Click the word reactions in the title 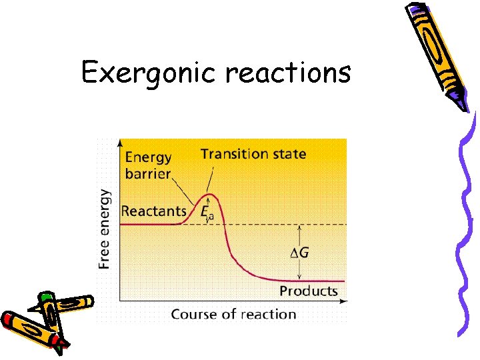tap(288, 72)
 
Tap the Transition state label tap(253, 154)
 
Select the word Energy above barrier tap(148, 157)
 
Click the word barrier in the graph tap(147, 173)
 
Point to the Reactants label tap(154, 211)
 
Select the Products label tap(308, 291)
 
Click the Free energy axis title tap(105, 228)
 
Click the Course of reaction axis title tap(233, 313)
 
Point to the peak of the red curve tap(210, 195)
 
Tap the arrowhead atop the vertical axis tap(119, 142)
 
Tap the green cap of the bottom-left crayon tap(46, 297)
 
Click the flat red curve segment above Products tap(320, 281)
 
